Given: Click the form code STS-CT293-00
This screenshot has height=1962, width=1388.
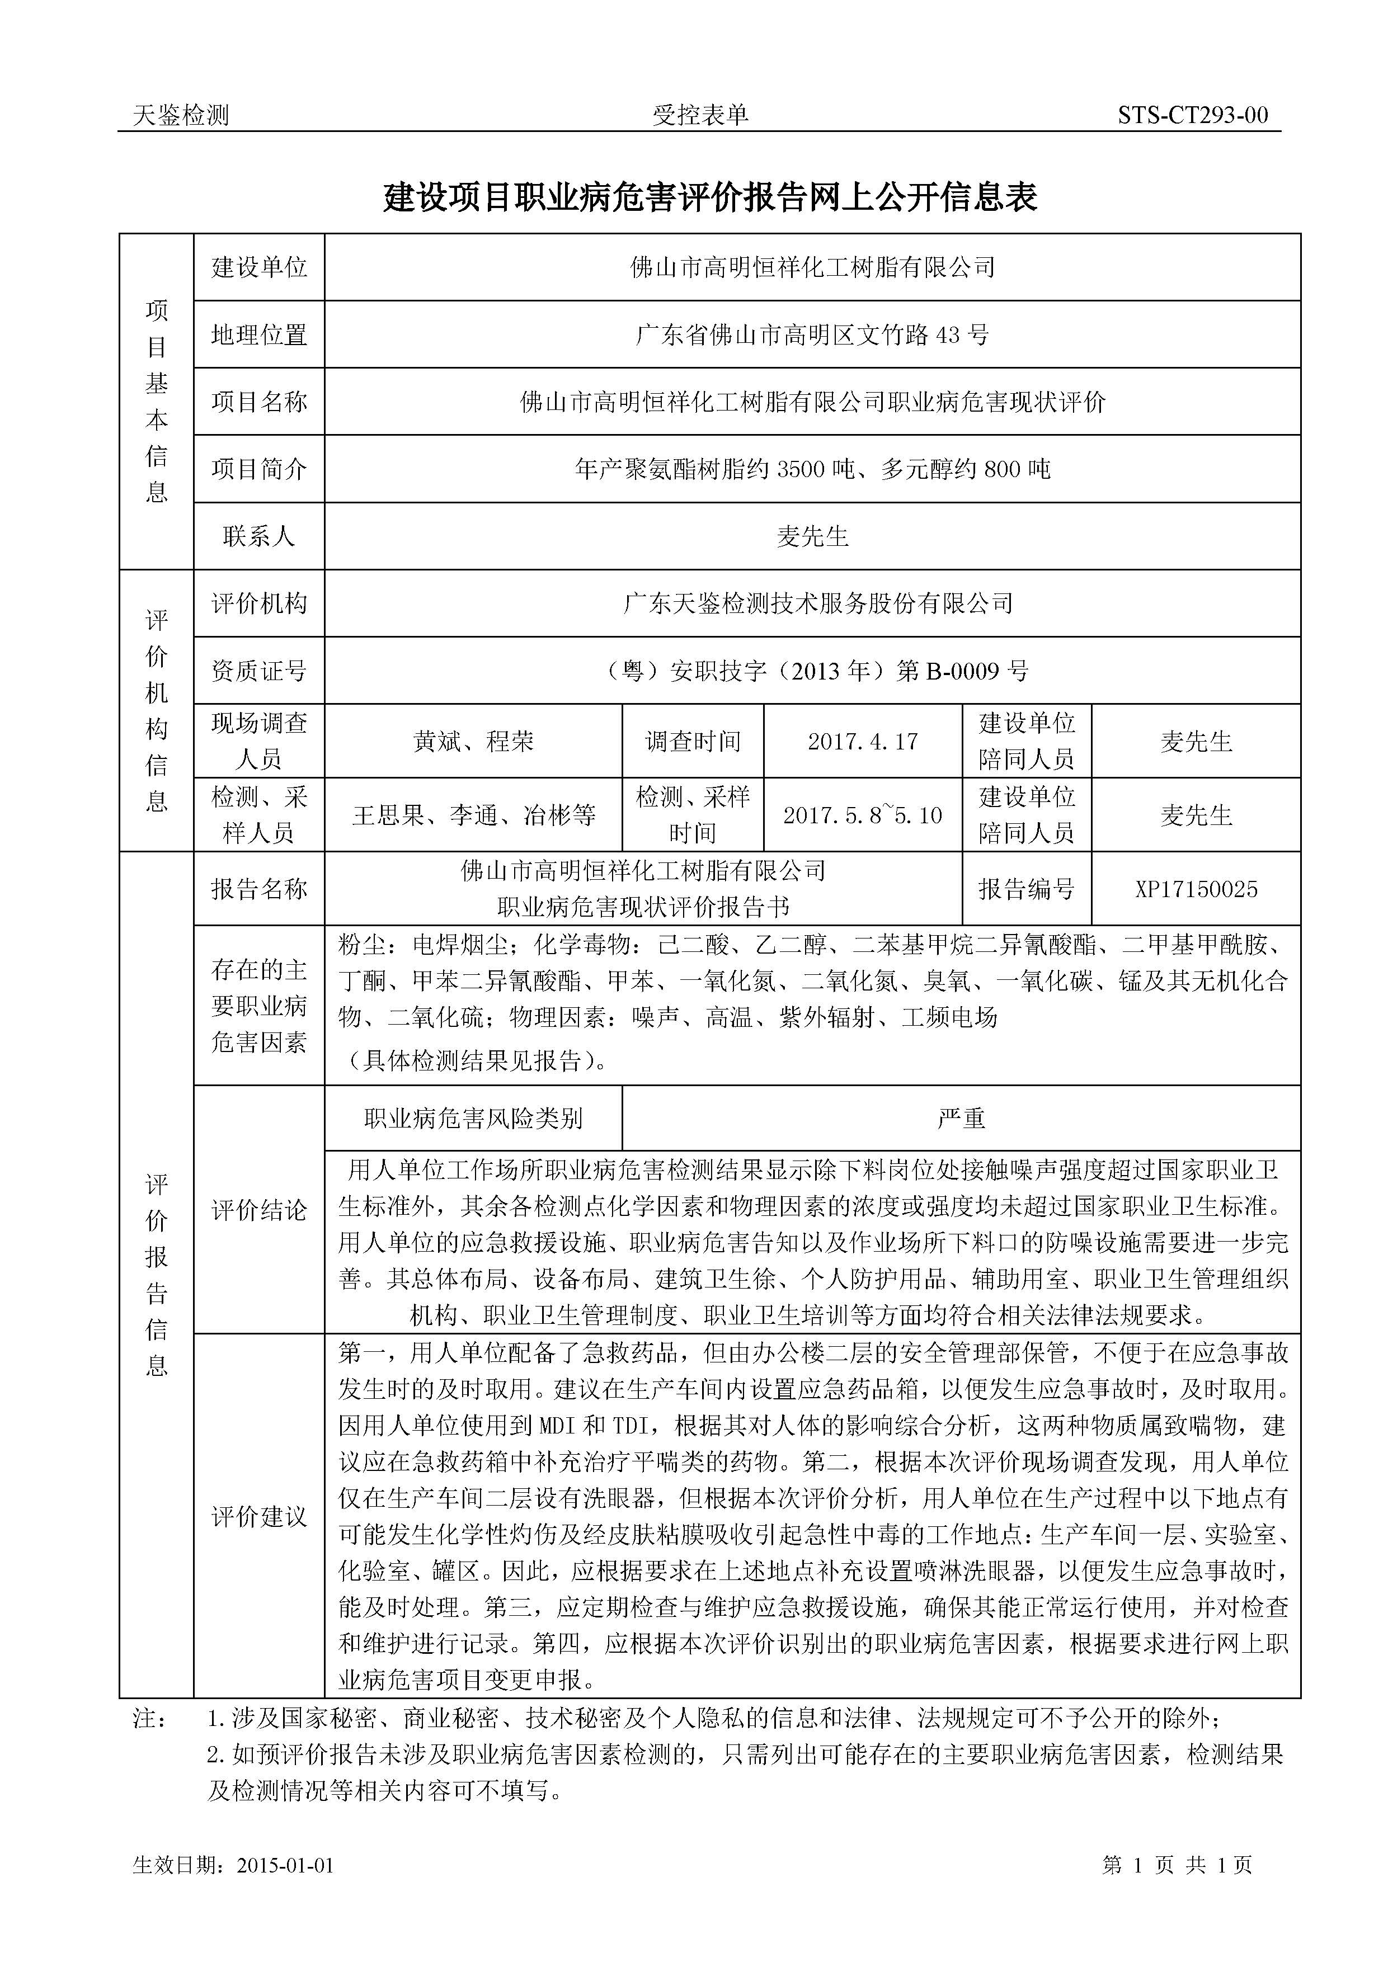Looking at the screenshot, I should (1192, 115).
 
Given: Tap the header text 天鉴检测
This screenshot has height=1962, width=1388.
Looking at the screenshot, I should (181, 115).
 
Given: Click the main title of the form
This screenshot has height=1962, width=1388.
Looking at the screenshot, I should (709, 197).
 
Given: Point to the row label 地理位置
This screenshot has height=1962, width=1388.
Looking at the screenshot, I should (259, 335).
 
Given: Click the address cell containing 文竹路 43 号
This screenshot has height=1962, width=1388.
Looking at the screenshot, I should (812, 335).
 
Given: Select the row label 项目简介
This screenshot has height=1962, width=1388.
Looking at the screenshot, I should (259, 469).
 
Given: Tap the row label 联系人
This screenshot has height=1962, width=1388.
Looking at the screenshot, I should (259, 537).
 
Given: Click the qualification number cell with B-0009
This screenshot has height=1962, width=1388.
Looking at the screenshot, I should (812, 671).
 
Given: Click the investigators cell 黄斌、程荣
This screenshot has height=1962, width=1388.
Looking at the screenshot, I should (473, 741).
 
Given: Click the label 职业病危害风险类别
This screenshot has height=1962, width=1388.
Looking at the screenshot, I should (473, 1119).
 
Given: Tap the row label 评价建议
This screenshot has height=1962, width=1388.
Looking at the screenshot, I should (259, 1517).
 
